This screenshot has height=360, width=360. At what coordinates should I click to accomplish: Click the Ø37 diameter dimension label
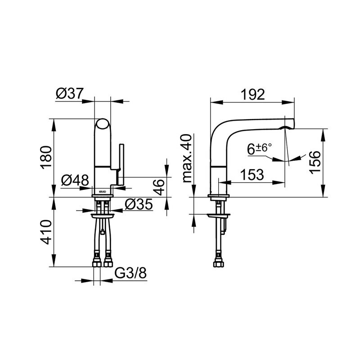point(69,94)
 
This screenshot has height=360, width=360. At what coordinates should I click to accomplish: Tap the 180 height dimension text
point(46,157)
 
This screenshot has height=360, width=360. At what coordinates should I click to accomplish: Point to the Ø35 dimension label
point(139,204)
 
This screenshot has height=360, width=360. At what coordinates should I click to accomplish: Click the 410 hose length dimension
point(46,232)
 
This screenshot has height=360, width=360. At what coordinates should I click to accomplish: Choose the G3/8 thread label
point(130,273)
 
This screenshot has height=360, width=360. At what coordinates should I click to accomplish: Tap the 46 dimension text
point(159,187)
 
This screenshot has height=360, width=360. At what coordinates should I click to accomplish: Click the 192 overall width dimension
point(252,94)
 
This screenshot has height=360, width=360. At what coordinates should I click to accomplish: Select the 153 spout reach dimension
point(252,175)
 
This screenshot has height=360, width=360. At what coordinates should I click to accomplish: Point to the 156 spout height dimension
point(314,162)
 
